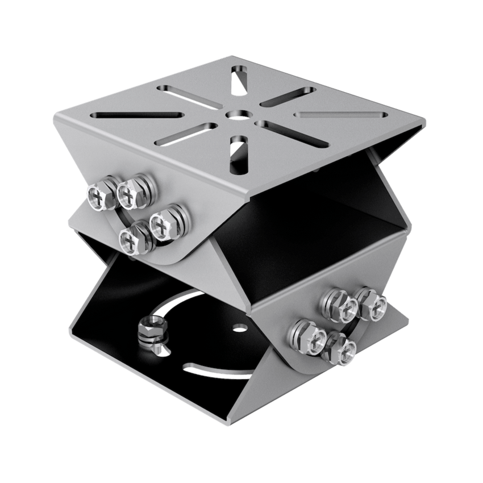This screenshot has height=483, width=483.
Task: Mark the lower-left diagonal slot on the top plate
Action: pos(190,132)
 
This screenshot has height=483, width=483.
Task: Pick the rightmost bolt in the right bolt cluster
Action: pos(371,305)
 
